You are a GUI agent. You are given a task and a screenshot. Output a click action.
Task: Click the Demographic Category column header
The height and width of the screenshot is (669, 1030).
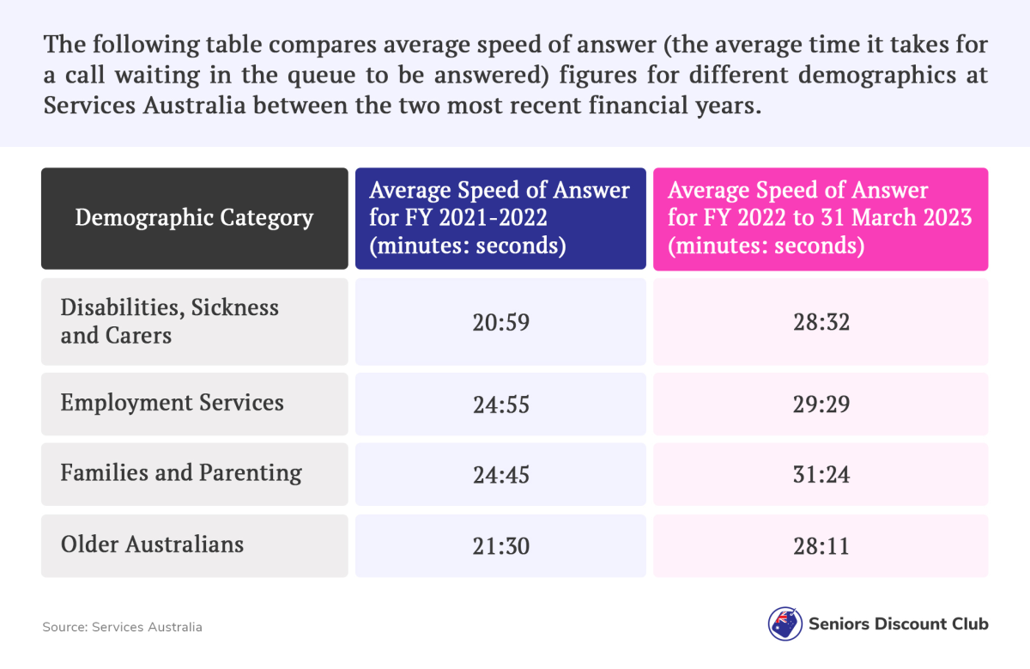194,218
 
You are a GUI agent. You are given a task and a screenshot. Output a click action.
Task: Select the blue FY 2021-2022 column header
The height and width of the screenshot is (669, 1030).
500,218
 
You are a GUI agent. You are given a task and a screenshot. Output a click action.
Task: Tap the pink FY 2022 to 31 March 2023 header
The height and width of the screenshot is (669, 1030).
820,218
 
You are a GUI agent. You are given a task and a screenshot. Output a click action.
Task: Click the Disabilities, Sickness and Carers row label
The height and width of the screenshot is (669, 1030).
170,321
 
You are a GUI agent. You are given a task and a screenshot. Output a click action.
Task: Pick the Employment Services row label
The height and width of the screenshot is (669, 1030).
172,403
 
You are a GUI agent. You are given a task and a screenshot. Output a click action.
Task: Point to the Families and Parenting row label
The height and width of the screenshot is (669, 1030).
181,472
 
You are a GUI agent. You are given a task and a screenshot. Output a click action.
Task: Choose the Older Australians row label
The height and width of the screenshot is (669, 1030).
152,544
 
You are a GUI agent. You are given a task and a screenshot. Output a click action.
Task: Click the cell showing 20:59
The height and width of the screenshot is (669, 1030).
500,322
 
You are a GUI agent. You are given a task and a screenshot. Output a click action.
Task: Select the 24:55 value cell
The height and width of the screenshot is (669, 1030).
500,404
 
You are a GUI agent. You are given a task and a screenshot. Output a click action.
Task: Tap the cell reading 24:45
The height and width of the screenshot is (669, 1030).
500,473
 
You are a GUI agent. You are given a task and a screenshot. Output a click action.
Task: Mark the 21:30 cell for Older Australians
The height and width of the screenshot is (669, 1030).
500,545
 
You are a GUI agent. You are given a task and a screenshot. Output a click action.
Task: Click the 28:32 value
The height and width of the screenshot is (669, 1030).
821,322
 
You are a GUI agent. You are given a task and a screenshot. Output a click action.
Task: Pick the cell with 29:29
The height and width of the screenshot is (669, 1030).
821,404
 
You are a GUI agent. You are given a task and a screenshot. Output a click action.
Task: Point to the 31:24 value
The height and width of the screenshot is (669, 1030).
821,473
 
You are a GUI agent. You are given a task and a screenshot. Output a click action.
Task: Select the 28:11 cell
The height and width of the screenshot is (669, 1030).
821,545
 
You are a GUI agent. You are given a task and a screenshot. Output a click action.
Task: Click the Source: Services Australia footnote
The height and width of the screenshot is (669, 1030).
123,627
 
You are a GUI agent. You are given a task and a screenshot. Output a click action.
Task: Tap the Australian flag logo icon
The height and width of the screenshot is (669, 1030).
785,624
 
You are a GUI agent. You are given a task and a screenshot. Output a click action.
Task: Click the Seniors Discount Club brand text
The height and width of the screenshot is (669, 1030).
898,624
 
